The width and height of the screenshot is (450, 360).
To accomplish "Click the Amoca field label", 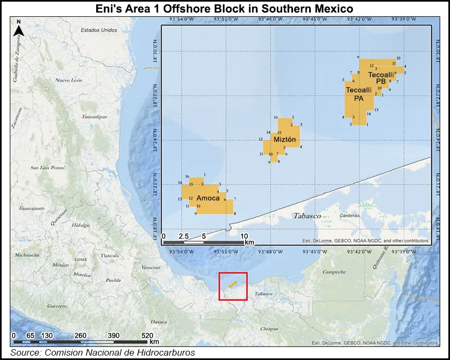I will tap(208, 198).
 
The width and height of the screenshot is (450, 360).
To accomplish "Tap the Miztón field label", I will tap(285, 140).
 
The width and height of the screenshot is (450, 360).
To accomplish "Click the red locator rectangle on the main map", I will tap(233, 286).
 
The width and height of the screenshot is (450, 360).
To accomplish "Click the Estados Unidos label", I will tap(99, 30).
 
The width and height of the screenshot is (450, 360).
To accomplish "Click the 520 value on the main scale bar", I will tap(147, 335).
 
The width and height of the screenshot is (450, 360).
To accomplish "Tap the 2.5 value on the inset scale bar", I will tap(183, 236).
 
